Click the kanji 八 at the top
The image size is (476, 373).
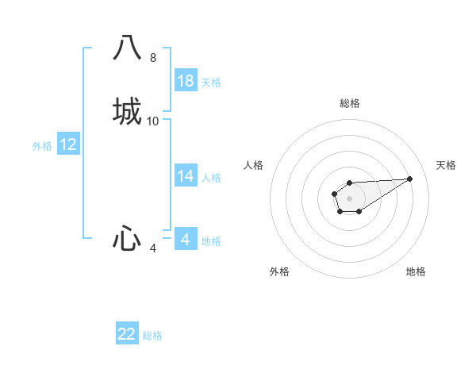[x=127, y=48]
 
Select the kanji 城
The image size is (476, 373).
[x=127, y=111]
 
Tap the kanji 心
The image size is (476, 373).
[x=127, y=238]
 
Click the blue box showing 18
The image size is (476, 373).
[x=186, y=81]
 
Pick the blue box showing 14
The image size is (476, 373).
[x=186, y=177]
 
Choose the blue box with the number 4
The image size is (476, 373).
[x=186, y=240]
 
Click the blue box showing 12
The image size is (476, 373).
[x=68, y=144]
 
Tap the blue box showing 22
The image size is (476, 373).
[x=127, y=334]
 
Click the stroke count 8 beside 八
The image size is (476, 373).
[x=153, y=58]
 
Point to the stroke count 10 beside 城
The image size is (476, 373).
[x=153, y=121]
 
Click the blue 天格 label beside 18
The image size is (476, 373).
[x=211, y=83]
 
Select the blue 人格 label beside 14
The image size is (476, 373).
[x=211, y=178]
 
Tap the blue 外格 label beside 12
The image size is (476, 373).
[x=42, y=146]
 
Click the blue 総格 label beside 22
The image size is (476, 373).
[x=152, y=336]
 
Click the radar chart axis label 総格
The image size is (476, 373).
[x=350, y=103]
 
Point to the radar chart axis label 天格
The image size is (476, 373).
[x=446, y=165]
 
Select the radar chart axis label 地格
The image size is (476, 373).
[x=416, y=271]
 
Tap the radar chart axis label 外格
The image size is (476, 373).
[x=279, y=271]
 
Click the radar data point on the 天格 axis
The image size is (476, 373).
[x=410, y=178]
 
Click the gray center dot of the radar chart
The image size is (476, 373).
[x=349, y=198]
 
